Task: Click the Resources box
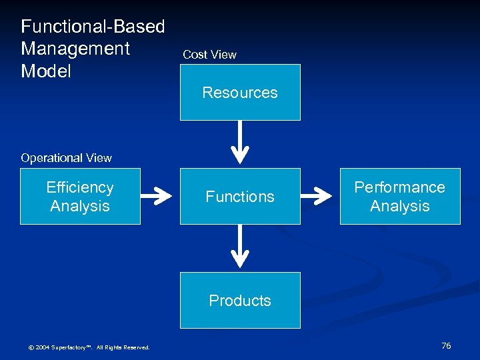tap(240, 92)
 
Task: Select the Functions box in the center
tap(240, 196)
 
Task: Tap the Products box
tap(240, 300)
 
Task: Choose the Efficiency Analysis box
tap(80, 196)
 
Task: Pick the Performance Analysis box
tap(400, 196)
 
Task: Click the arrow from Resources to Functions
tap(240, 144)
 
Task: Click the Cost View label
tap(209, 55)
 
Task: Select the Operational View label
tap(66, 158)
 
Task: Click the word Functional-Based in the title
tap(93, 27)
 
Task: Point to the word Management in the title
tap(75, 49)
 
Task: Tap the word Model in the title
tap(45, 71)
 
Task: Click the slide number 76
tap(446, 345)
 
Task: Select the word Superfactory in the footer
tap(70, 347)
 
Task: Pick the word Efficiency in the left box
tap(80, 187)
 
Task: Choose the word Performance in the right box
tap(399, 187)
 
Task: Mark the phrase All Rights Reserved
tap(123, 347)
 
